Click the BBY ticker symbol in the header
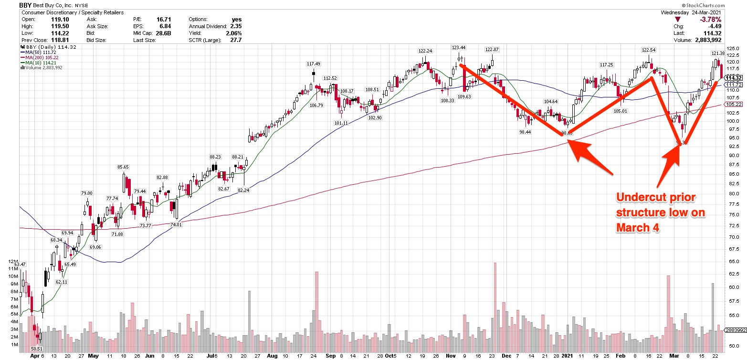[x=25, y=5]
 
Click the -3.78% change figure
[x=711, y=20]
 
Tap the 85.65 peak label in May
[x=124, y=167]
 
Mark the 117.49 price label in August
[x=313, y=64]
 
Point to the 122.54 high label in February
[x=648, y=50]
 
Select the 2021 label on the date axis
[x=567, y=356]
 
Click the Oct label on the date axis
[x=390, y=356]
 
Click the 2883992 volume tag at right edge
[x=736, y=330]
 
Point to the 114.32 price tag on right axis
[x=734, y=77]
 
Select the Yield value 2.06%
[x=233, y=33]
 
